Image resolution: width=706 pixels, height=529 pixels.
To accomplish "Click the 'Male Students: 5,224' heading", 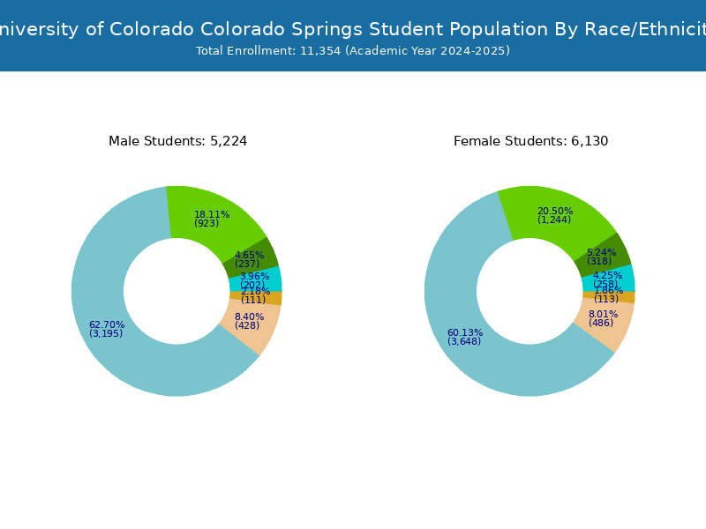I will pyautogui.click(x=177, y=141).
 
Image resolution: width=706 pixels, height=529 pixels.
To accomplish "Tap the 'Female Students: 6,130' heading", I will pyautogui.click(x=530, y=141).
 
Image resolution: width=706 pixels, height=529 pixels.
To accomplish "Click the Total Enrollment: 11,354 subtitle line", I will pyautogui.click(x=353, y=51).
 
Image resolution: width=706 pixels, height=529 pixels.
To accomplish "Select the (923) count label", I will pyautogui.click(x=207, y=224).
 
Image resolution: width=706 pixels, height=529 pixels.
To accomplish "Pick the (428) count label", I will pyautogui.click(x=247, y=326).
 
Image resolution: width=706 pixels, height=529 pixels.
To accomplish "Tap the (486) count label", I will pyautogui.click(x=601, y=324).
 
